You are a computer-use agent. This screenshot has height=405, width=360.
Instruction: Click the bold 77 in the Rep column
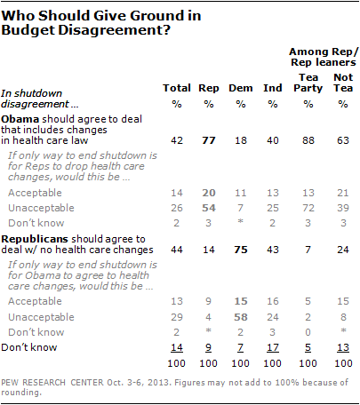click(209, 140)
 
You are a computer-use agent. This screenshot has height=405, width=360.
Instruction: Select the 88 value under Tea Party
click(308, 140)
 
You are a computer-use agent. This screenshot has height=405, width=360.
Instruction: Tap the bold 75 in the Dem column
click(241, 250)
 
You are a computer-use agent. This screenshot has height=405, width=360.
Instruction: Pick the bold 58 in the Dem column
click(241, 317)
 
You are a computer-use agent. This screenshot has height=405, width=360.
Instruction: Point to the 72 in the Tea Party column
click(308, 208)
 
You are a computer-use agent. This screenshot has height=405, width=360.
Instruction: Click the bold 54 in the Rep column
click(209, 208)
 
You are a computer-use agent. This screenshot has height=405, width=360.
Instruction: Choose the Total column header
click(177, 88)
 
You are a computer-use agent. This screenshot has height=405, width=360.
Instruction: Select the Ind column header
click(273, 88)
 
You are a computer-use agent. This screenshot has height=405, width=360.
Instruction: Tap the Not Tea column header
click(343, 83)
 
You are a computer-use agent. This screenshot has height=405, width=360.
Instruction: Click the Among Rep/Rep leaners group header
click(324, 57)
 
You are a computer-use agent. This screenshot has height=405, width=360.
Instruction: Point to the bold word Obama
click(20, 119)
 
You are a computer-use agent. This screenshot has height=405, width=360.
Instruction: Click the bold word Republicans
click(35, 239)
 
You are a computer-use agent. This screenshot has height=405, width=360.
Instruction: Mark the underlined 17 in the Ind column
click(273, 347)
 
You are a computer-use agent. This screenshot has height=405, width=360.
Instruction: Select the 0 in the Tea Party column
click(308, 332)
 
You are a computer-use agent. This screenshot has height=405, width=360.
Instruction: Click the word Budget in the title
click(28, 30)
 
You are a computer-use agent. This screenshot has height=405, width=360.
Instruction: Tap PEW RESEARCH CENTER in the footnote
click(52, 383)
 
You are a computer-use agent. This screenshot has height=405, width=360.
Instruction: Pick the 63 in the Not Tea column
click(343, 140)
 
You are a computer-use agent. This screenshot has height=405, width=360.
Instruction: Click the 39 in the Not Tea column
click(343, 208)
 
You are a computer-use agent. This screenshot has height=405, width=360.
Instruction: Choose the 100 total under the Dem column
click(240, 363)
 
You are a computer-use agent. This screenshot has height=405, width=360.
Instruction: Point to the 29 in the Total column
click(177, 317)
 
